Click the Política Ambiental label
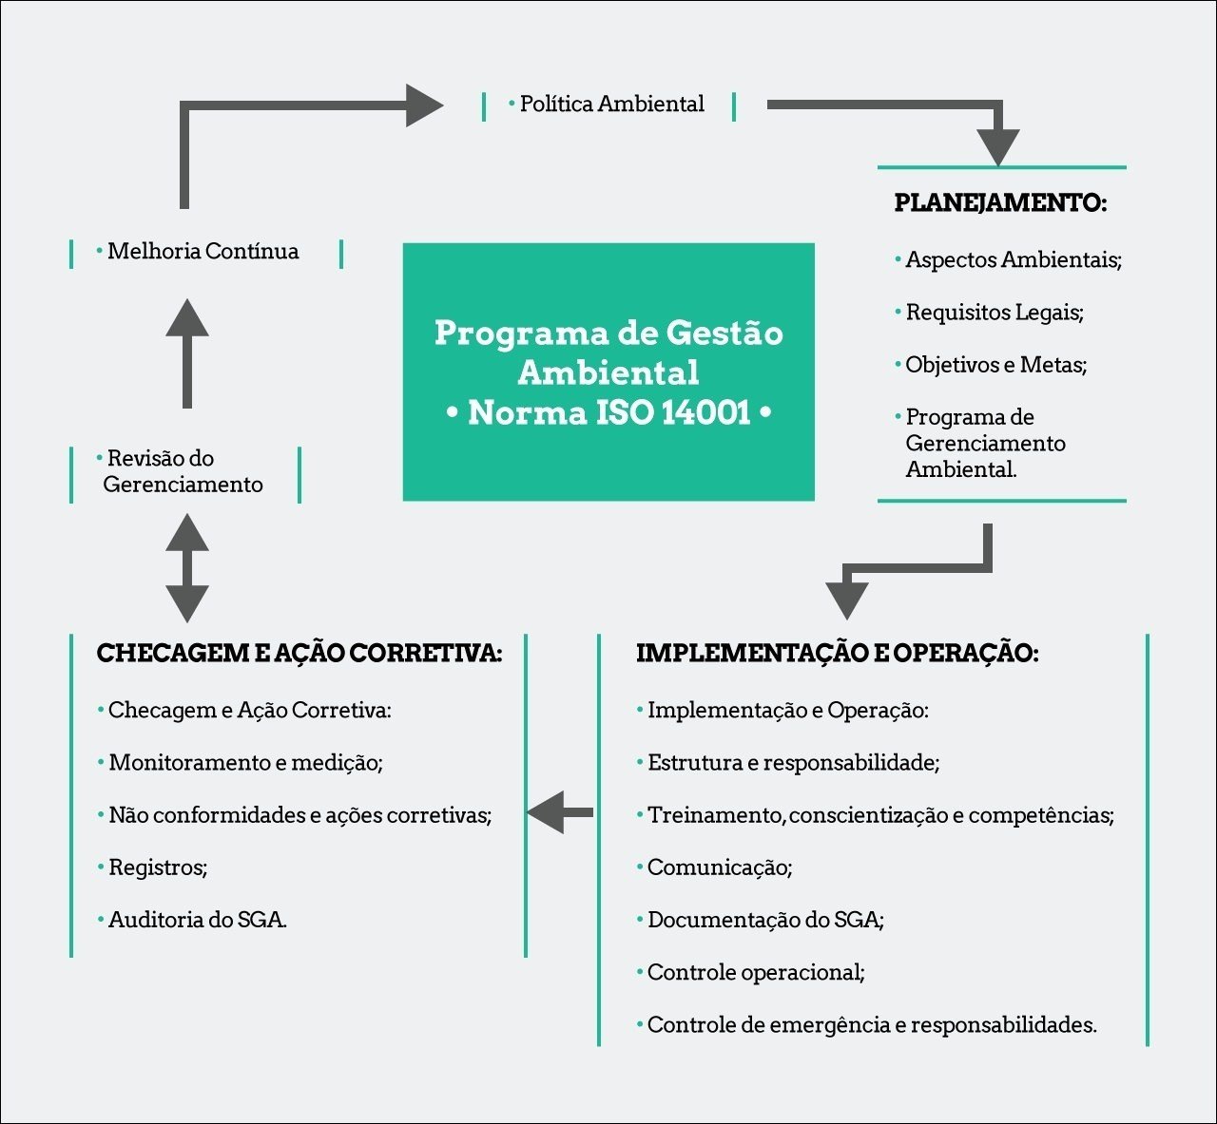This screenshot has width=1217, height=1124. [x=611, y=105]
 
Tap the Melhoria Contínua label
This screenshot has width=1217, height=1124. [x=203, y=252]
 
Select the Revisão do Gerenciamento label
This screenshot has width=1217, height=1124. [x=182, y=472]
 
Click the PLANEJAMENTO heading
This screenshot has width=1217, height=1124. [x=1000, y=203]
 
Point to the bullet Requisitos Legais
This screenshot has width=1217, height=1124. [x=994, y=313]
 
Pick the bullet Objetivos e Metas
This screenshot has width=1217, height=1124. [x=995, y=365]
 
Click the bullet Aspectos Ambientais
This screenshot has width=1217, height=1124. [x=1013, y=260]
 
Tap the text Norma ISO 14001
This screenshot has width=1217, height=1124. [x=608, y=413]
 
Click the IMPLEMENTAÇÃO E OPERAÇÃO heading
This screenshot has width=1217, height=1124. [x=837, y=654]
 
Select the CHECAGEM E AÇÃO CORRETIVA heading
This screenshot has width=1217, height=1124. [x=299, y=654]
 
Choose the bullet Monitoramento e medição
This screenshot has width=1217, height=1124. [x=245, y=763]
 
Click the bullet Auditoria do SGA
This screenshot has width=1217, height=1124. [x=197, y=920]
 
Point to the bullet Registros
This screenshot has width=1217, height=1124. [x=158, y=867]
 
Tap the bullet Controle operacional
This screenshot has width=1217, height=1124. [x=756, y=973]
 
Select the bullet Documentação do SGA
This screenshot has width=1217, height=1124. [x=765, y=920]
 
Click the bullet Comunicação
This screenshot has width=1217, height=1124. [x=720, y=867]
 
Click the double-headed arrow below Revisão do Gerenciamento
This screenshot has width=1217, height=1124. [x=187, y=568]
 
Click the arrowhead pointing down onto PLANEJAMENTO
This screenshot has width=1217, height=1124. [x=998, y=147]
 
